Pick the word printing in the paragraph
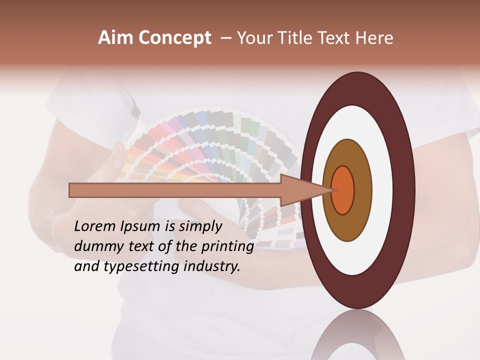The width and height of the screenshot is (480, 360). pos(227,247)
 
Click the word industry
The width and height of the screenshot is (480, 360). pos(212,267)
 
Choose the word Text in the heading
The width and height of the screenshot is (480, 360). pos(336,38)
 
